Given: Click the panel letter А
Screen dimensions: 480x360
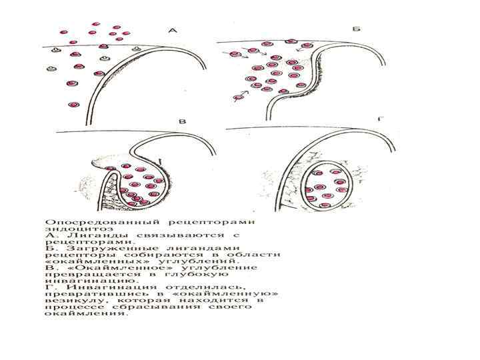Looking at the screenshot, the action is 173,30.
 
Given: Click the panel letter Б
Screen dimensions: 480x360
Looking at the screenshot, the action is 356,30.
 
